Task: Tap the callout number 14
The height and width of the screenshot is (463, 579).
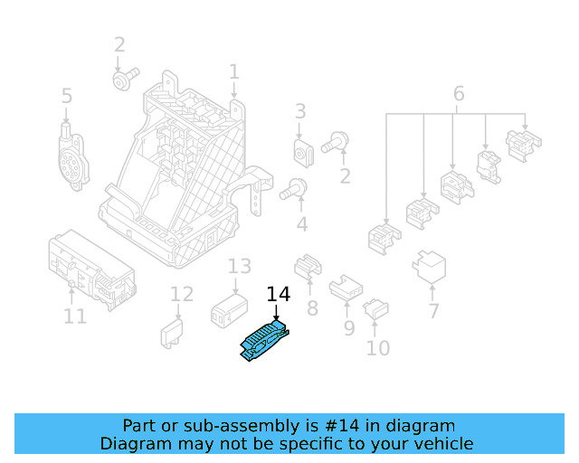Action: [x=278, y=295]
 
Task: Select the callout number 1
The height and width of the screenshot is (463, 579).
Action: [x=234, y=71]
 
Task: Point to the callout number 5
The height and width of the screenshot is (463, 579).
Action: [x=66, y=96]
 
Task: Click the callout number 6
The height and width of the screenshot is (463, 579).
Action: [x=458, y=93]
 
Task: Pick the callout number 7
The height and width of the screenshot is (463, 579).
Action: [x=433, y=311]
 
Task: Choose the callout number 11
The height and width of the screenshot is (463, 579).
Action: [x=75, y=317]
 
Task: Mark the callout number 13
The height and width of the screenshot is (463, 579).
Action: [x=239, y=267]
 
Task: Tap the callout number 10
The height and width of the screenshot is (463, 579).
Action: [x=377, y=347]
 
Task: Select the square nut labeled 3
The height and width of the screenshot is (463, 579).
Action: [x=302, y=151]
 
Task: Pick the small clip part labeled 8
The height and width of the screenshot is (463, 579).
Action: [x=308, y=264]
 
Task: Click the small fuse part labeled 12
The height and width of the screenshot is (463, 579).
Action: [x=172, y=332]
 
